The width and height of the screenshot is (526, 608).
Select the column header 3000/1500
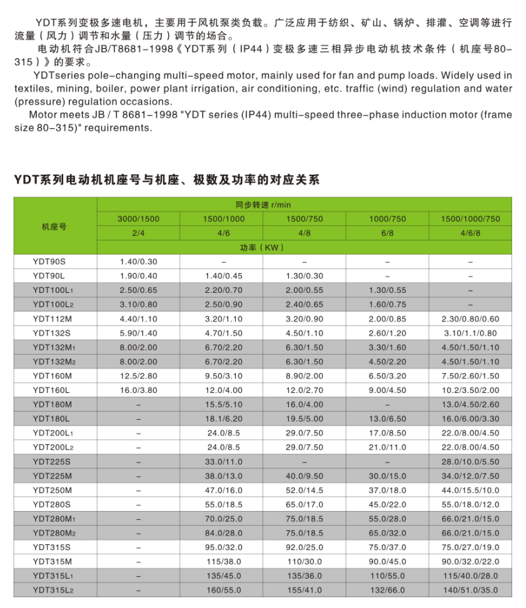pos(138,219)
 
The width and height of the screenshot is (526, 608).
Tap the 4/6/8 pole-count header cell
pos(470,233)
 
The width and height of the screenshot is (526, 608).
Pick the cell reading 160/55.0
pos(221,591)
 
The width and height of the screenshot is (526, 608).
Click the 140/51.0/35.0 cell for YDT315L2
pos(470,591)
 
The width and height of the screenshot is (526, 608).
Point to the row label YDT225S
pos(52,461)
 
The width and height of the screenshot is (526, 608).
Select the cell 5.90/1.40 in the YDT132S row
pos(138,332)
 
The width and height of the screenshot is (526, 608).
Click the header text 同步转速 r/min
pos(263,205)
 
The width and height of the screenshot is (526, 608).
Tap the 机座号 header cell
pos(55,226)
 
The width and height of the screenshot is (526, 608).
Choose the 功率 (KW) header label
pos(263,247)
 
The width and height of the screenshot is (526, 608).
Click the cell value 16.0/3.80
pos(138,390)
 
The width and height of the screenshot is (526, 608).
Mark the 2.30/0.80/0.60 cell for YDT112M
pos(470,318)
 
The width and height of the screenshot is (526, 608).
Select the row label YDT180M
pos(52,404)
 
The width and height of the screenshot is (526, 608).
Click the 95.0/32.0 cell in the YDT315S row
pos(221,547)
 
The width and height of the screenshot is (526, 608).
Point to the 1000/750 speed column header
pos(387,219)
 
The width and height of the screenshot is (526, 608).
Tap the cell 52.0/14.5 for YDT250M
pos(304,490)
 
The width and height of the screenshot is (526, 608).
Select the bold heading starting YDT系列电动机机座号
pos(166,180)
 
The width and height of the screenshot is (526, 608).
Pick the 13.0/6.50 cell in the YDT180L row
pos(387,419)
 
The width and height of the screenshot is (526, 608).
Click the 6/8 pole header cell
pos(387,233)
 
